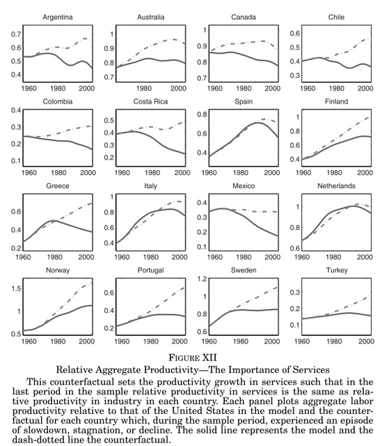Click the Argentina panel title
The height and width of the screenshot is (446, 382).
(58, 17)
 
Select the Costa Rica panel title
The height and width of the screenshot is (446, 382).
(150, 102)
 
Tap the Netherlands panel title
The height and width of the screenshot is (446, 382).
(336, 186)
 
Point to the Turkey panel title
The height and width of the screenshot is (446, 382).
(337, 270)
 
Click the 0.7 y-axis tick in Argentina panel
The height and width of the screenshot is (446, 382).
(16, 34)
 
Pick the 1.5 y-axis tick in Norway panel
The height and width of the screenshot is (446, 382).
(16, 289)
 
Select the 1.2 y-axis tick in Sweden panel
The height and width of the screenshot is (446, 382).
(202, 279)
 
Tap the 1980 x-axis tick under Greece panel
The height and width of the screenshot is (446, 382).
(54, 257)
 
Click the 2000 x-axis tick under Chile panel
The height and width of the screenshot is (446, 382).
(365, 89)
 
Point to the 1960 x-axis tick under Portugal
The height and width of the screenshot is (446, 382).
(122, 341)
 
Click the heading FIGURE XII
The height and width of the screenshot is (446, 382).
(193, 357)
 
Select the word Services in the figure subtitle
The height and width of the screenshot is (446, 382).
(311, 369)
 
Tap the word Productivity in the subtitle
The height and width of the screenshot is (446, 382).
(171, 370)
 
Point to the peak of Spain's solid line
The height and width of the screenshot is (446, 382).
(258, 123)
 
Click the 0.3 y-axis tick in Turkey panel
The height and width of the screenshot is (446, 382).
(295, 293)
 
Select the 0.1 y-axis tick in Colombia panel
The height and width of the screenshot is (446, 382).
(16, 161)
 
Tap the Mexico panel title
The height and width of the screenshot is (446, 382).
(244, 186)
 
